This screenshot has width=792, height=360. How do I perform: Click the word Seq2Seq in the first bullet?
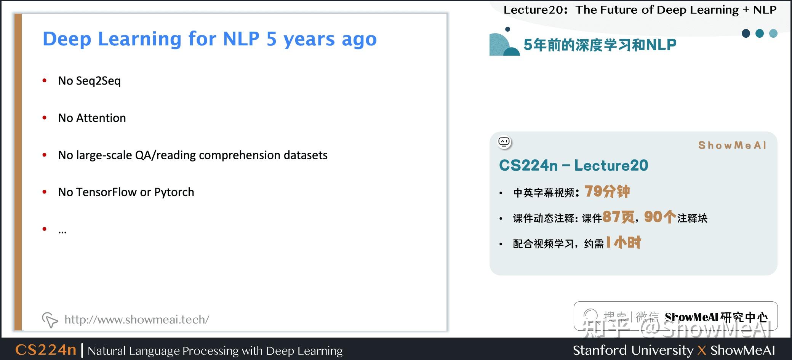click(98, 81)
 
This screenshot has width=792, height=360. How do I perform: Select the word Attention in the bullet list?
click(101, 118)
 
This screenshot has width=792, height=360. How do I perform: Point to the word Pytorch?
click(174, 192)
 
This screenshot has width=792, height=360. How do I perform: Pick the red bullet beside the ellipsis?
click(45, 229)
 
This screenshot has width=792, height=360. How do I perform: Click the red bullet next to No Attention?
click(45, 118)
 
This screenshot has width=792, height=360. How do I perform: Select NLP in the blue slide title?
click(241, 39)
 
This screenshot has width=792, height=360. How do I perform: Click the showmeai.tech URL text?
click(137, 319)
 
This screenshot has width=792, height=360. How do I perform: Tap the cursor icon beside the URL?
click(50, 320)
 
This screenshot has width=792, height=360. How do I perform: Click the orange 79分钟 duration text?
click(607, 191)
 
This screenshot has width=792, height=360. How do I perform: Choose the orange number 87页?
click(619, 217)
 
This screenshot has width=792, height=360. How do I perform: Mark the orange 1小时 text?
click(624, 242)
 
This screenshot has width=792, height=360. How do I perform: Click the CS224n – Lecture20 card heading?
click(573, 165)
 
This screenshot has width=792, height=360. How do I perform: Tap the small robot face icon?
click(504, 142)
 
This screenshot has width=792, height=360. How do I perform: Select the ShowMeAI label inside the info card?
click(732, 145)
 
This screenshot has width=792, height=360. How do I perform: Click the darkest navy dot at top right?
click(746, 34)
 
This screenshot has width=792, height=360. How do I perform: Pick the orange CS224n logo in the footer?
click(46, 350)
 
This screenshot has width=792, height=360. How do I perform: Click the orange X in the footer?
click(702, 350)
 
